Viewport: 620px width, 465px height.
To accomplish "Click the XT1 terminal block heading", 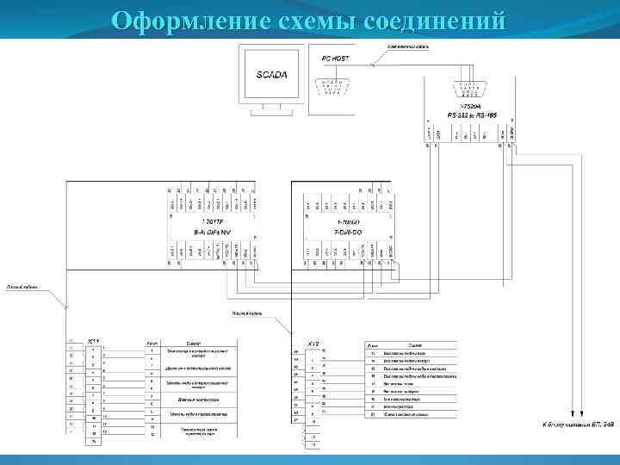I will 94,341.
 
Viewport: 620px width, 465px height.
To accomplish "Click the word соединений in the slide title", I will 438,20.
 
